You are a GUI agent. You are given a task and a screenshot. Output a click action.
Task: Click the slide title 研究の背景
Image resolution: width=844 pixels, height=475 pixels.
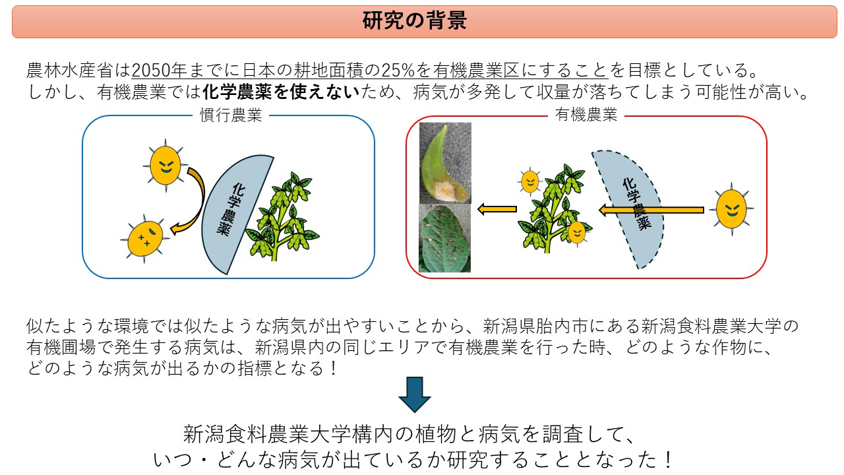click(415, 20)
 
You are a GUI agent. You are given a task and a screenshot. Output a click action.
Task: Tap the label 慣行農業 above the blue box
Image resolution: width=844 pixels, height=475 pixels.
click(231, 115)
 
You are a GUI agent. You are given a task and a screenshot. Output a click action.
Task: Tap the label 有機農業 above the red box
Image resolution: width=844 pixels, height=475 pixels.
click(586, 114)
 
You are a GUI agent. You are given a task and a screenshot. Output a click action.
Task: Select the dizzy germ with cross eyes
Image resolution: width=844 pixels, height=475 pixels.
click(145, 238)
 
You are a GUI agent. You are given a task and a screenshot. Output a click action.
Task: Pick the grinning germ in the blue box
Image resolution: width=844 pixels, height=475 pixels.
click(165, 165)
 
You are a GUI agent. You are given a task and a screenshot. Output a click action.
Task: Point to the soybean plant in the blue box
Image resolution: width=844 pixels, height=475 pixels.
click(283, 217)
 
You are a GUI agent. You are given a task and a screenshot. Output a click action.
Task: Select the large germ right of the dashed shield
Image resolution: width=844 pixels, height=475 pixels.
click(731, 209)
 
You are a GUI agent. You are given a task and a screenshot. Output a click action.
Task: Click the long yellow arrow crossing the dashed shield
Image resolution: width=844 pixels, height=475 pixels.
click(651, 210)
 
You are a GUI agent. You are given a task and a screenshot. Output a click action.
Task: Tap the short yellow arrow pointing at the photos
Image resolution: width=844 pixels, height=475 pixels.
click(497, 209)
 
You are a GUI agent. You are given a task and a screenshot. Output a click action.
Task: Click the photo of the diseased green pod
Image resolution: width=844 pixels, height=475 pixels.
click(445, 163)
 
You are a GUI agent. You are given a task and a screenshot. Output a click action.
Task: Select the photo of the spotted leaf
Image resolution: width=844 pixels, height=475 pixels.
click(444, 238)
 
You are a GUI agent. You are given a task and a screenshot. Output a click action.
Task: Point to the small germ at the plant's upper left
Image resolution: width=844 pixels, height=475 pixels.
click(530, 181)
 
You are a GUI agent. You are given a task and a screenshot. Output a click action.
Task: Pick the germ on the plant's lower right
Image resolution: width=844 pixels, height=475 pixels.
click(577, 232)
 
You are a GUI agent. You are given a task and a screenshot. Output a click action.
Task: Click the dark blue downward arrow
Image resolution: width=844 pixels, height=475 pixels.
click(415, 395)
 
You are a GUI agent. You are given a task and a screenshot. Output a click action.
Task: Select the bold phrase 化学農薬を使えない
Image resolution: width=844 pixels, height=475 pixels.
click(281, 92)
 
